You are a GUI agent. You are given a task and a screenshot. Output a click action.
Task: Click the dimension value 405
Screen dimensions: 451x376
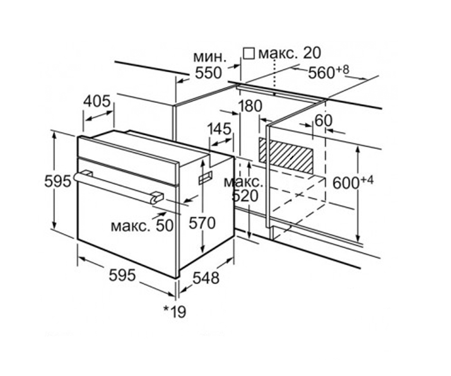click(97, 101)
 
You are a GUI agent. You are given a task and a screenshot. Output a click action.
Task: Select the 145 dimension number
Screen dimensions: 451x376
click(219, 129)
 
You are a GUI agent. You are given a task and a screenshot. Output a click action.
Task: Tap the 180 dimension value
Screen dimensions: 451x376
click(250, 106)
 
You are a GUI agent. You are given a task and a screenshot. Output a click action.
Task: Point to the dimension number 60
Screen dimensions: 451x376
click(324, 121)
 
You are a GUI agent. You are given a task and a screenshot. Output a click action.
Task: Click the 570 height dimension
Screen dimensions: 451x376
click(202, 223)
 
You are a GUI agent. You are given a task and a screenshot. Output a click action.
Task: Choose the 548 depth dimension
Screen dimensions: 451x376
click(206, 278)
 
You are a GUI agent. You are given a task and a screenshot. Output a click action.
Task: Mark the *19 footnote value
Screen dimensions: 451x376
click(174, 312)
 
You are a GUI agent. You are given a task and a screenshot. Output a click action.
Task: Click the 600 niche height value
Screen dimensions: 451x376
click(346, 183)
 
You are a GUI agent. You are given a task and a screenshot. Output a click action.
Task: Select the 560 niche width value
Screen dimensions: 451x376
click(321, 73)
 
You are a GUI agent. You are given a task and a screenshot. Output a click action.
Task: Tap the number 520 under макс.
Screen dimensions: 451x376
click(245, 196)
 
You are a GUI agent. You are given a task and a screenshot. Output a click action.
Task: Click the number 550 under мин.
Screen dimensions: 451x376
click(209, 73)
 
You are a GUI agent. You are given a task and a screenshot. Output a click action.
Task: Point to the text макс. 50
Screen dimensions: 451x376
click(142, 226)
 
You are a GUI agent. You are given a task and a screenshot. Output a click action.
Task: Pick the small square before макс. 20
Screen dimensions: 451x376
click(248, 53)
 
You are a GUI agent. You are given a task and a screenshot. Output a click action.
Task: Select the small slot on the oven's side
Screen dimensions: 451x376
click(206, 177)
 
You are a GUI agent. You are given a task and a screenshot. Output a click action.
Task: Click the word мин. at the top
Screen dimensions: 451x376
click(209, 58)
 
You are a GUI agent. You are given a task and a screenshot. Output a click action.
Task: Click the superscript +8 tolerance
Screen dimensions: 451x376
click(343, 70)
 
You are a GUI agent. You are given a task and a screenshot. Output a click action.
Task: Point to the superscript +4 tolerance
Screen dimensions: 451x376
click(367, 180)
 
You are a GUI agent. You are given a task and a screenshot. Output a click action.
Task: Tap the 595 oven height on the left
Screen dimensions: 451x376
click(58, 181)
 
